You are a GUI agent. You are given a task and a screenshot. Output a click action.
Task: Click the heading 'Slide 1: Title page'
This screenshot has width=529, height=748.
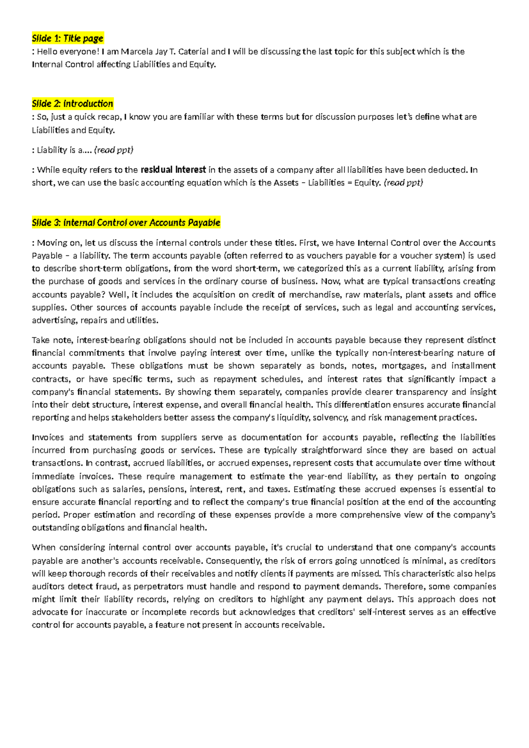click(x=67, y=38)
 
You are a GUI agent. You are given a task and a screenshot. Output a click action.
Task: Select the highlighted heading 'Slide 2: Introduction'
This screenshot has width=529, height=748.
click(x=72, y=104)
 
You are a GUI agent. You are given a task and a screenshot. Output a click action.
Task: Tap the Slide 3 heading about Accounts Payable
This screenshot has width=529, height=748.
click(x=126, y=223)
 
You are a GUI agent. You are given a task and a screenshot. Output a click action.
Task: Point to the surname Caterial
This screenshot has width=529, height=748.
click(x=194, y=52)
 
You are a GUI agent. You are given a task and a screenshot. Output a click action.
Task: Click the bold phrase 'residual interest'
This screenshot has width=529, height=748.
click(x=173, y=170)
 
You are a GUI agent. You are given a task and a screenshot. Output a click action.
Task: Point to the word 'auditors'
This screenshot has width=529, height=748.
click(x=48, y=587)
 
